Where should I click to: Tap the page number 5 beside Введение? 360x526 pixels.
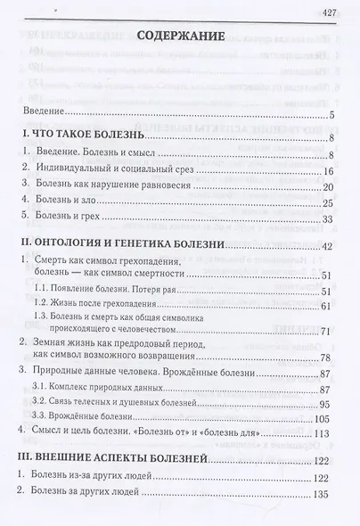coord(330,115)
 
